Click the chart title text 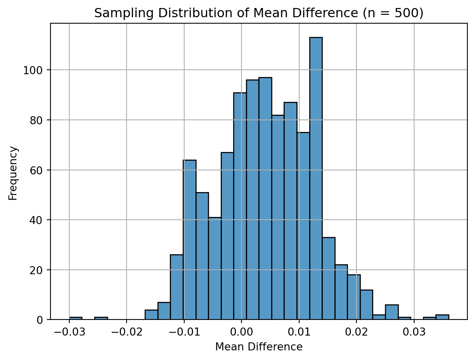[x=259, y=13]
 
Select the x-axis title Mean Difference [x=259, y=347]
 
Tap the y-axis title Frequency [x=13, y=173]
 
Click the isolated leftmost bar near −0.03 [x=76, y=318]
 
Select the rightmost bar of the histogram [x=442, y=317]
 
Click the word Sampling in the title [x=115, y=13]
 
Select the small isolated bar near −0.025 [x=101, y=318]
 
